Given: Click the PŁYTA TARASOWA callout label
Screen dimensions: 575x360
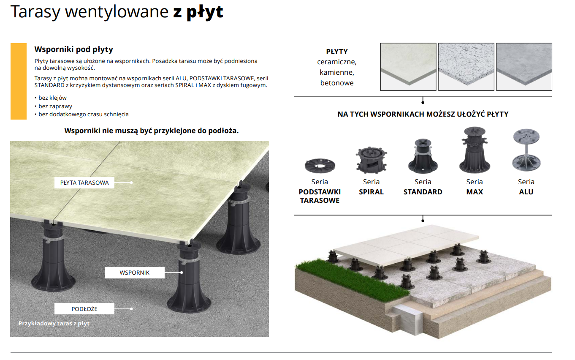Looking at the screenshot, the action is pos(84,183).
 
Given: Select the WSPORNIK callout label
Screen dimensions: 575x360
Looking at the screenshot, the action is pos(135,273).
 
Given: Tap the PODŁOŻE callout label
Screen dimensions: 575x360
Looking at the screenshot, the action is pos(84,309).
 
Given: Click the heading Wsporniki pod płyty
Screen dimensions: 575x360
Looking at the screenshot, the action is pos(74,49).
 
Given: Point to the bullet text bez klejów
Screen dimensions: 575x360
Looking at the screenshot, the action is pos(52,98).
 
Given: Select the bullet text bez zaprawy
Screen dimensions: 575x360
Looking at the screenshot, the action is pos(55,106).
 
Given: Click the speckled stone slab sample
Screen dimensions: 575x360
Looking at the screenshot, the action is pos(466,67).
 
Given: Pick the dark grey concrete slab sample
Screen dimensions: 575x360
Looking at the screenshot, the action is pos(524,67).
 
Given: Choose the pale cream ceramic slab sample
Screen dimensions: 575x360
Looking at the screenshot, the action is pos(408,67).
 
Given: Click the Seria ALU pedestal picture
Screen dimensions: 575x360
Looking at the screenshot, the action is pos(526,150).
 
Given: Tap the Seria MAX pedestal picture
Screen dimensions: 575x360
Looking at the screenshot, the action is pos(475,150).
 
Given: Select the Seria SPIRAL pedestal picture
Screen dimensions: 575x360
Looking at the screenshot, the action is pos(371,160).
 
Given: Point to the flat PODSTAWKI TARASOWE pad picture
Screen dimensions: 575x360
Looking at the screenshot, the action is pos(320,166).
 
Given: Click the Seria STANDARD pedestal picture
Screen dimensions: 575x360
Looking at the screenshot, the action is pos(423,156).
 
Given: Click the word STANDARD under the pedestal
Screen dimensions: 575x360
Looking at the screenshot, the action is pos(423,192).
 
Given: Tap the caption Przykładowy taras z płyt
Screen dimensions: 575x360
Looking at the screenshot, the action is pos(54,324).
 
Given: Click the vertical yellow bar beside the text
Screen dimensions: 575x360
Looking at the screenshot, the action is pos(19,81).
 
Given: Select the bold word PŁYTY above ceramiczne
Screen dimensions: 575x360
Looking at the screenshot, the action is pos(337,52).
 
